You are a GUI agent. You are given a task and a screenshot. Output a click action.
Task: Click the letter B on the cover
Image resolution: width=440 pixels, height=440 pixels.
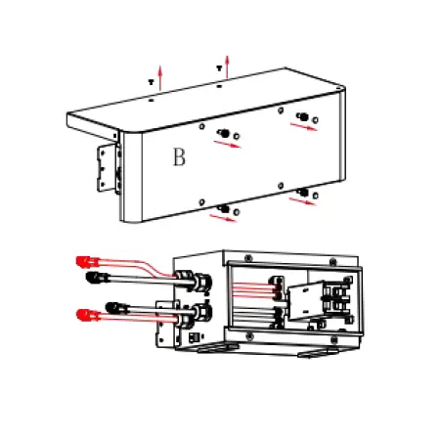pos(178,158)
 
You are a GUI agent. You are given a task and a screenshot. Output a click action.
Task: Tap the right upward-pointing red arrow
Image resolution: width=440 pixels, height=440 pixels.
pos(227,65)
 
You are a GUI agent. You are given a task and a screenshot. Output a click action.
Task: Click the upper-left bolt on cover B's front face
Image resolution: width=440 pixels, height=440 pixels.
pos(224,133)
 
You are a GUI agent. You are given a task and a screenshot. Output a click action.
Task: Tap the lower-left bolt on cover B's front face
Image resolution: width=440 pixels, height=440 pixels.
pos(224,207)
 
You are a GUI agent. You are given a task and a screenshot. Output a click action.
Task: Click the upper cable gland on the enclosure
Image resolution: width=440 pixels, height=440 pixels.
pos(198,284)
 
